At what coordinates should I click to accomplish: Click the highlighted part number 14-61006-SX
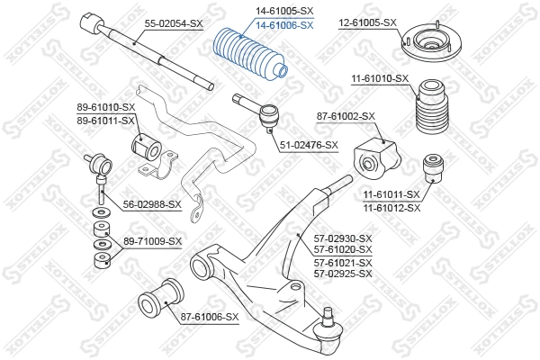coord(284,24)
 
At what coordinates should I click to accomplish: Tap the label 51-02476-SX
coord(308,145)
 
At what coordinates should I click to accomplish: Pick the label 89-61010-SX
coord(105,108)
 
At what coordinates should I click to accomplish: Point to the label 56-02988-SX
coord(152,204)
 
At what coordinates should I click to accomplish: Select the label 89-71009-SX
coord(152,241)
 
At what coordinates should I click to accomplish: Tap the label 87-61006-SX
coord(209,317)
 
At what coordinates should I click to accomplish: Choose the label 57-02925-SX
coord(341,273)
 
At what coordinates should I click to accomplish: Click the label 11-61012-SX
coord(391,207)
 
